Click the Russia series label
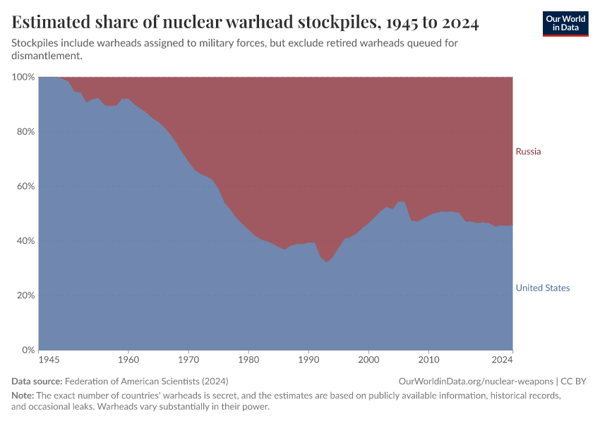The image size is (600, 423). [528, 152]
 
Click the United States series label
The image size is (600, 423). [542, 288]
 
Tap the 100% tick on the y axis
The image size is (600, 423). [23, 77]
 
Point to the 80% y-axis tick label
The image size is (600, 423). [25, 132]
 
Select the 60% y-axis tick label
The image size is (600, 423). [25, 186]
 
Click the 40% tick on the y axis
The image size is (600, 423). [25, 241]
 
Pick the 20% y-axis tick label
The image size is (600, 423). [25, 295]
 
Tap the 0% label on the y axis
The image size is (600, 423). [28, 350]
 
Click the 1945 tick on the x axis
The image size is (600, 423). [49, 360]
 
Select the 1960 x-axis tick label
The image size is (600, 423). [128, 360]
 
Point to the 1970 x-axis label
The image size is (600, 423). [188, 360]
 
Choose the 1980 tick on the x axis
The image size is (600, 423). [248, 360]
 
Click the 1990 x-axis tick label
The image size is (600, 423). [308, 360]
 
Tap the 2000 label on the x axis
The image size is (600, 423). [368, 360]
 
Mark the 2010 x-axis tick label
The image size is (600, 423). [428, 360]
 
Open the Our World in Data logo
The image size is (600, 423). [565, 23]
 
